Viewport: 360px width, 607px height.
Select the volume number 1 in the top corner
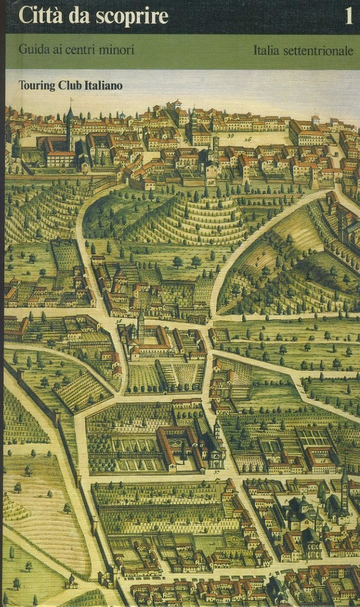[348, 17]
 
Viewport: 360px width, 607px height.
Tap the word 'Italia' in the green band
[266, 50]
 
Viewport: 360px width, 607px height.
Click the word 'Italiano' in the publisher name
[103, 85]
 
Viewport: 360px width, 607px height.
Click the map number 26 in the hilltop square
[248, 139]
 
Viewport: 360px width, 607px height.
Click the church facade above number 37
[216, 453]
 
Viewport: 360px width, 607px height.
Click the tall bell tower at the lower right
[344, 489]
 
